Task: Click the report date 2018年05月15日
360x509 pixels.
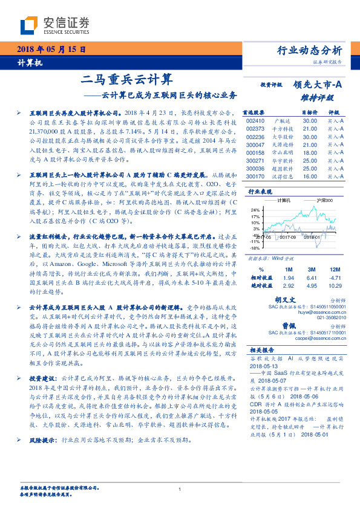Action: tap(44, 50)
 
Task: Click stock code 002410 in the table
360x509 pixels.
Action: tap(255, 122)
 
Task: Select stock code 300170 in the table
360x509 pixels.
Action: tap(255, 177)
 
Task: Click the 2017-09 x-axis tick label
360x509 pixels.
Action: tap(289, 238)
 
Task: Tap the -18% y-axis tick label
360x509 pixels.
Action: tap(254, 248)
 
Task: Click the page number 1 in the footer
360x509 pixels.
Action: tap(180, 489)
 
